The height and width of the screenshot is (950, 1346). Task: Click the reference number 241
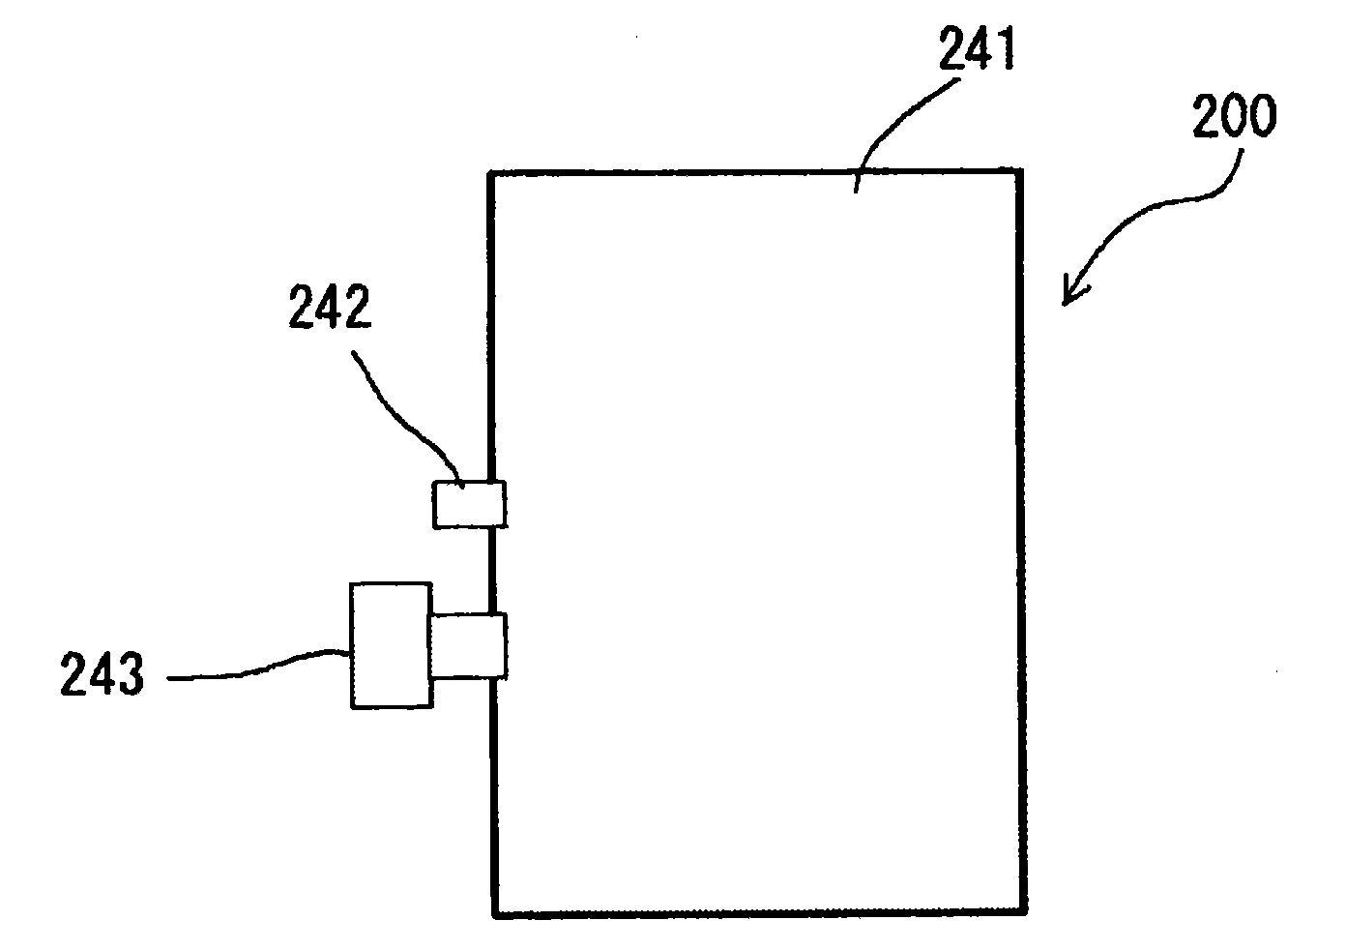pyautogui.click(x=977, y=48)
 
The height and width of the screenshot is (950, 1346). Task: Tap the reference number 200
pyautogui.click(x=1234, y=115)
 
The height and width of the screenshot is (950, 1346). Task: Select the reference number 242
pyautogui.click(x=330, y=307)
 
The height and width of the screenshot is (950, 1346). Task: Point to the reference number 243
pyautogui.click(x=102, y=674)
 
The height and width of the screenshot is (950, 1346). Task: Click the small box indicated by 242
pyautogui.click(x=469, y=504)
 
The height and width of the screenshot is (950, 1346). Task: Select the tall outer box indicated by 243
pyautogui.click(x=392, y=646)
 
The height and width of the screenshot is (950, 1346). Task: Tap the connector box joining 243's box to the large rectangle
pyautogui.click(x=467, y=646)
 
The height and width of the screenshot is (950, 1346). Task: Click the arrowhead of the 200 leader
pyautogui.click(x=1069, y=296)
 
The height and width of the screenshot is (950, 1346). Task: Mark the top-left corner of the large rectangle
pyautogui.click(x=490, y=173)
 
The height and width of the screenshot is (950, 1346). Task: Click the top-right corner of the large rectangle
pyautogui.click(x=1020, y=171)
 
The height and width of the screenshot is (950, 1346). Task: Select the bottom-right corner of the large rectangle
pyautogui.click(x=1024, y=911)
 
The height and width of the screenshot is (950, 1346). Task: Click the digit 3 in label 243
pyautogui.click(x=131, y=674)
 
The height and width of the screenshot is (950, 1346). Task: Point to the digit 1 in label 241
pyautogui.click(x=1006, y=48)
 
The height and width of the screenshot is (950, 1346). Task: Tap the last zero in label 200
pyautogui.click(x=1262, y=115)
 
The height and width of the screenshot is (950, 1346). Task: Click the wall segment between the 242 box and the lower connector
pyautogui.click(x=492, y=571)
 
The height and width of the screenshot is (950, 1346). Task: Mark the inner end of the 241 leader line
pyautogui.click(x=856, y=192)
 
